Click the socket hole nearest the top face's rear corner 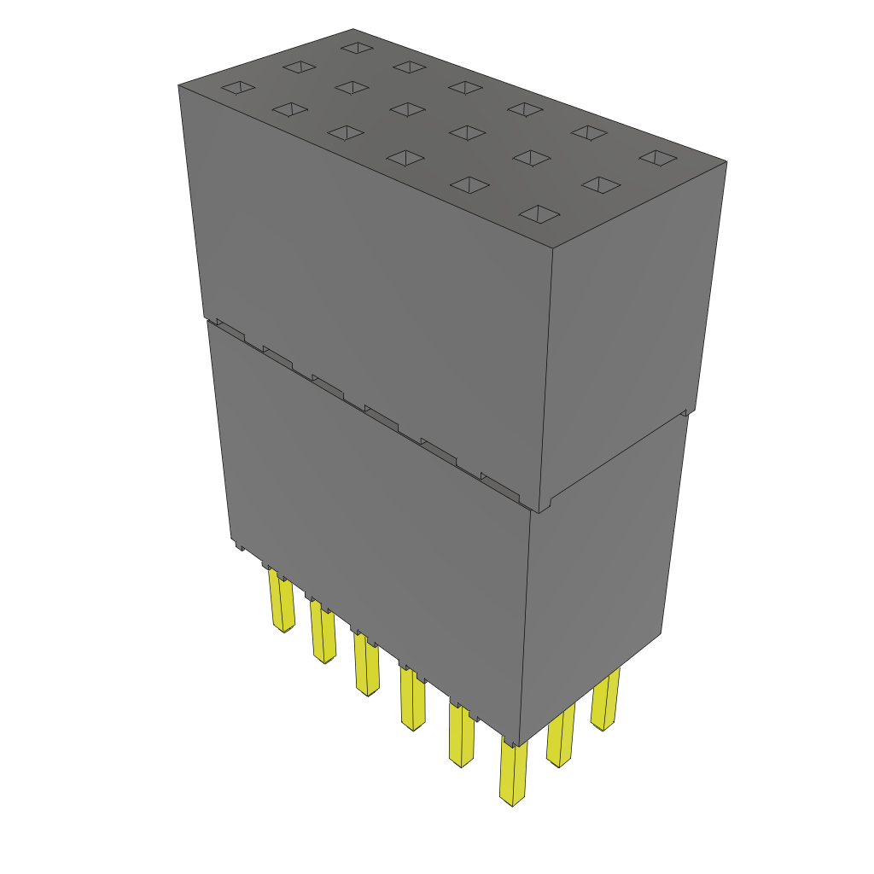click(354, 46)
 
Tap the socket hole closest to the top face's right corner click(657, 157)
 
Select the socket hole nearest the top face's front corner click(539, 213)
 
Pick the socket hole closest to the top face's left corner click(237, 87)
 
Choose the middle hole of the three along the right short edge click(600, 184)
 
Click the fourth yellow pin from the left click(412, 699)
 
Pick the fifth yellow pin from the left click(462, 735)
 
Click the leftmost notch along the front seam click(230, 331)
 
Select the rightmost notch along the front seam click(500, 487)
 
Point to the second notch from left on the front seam click(278, 357)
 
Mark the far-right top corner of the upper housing click(726, 161)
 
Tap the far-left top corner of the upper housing click(178, 85)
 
